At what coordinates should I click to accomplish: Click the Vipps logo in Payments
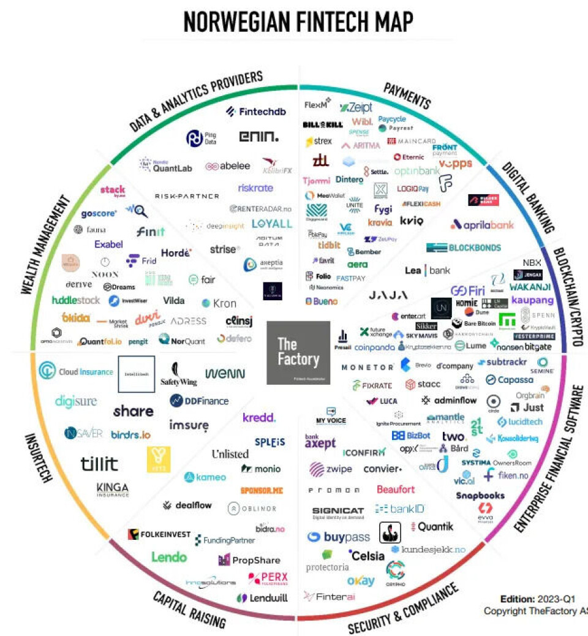[455, 164]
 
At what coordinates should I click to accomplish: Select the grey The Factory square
[298, 352]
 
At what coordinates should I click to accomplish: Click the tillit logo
[100, 463]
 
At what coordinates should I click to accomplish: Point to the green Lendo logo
[169, 556]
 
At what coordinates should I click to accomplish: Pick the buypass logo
[339, 537]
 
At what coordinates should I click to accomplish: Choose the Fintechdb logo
[256, 112]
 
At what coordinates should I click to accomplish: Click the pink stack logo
[113, 191]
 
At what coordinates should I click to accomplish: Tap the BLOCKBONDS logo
[464, 248]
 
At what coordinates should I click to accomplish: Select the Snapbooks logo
[480, 495]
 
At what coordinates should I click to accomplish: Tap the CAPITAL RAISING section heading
[189, 609]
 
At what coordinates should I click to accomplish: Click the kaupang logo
[532, 300]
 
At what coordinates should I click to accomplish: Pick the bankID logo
[399, 509]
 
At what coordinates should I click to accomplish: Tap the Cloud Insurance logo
[76, 371]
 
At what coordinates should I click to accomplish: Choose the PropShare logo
[249, 560]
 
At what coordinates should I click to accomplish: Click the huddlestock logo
[76, 300]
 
